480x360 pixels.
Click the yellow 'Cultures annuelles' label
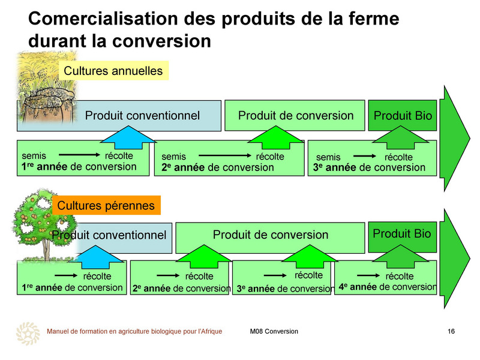[113, 71]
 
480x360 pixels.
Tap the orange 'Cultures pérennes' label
[106, 205]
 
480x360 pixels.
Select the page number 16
[451, 331]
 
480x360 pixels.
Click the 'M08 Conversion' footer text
[274, 331]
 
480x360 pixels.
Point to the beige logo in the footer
[28, 334]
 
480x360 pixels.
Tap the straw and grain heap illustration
[46, 87]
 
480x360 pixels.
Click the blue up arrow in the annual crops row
[128, 137]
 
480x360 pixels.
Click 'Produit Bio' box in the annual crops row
[403, 115]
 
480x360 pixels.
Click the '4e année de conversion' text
[388, 287]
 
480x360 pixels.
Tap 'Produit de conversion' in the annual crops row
[296, 115]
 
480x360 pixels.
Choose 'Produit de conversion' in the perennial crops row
[271, 235]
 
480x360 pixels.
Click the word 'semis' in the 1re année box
[34, 156]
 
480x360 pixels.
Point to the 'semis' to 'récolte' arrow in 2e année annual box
[224, 155]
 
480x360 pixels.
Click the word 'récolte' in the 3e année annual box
[398, 157]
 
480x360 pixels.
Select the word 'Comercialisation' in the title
[103, 18]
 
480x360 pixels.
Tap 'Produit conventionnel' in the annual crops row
[142, 115]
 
